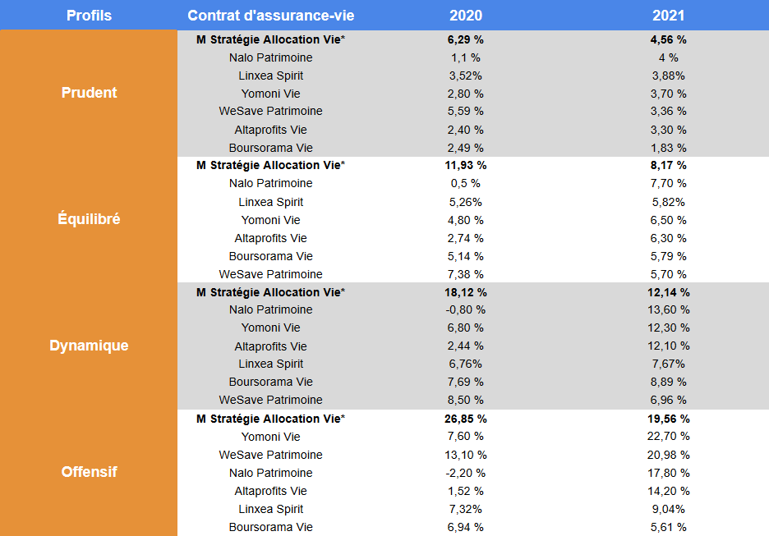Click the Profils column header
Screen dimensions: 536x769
point(89,16)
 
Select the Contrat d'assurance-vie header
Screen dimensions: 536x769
point(271,16)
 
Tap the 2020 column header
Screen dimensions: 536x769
point(466,16)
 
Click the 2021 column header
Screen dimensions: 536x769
point(668,16)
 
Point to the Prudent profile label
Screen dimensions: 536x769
point(89,93)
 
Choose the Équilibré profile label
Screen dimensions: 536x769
point(89,219)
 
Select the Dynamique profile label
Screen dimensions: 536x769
point(89,346)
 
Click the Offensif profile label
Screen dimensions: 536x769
point(89,472)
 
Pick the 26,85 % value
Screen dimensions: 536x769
point(466,419)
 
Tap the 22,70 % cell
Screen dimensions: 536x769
point(668,437)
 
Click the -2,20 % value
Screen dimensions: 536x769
point(466,473)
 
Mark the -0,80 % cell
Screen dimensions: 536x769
point(466,310)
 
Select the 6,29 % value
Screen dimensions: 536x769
point(466,39)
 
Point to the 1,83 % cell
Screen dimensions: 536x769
point(668,148)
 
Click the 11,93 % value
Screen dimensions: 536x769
point(466,165)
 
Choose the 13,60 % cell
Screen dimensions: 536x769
point(668,310)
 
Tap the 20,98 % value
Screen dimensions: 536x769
point(668,455)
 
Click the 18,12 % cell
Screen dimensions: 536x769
point(466,292)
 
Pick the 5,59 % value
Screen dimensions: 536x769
point(466,111)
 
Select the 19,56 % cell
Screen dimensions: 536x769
point(668,419)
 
